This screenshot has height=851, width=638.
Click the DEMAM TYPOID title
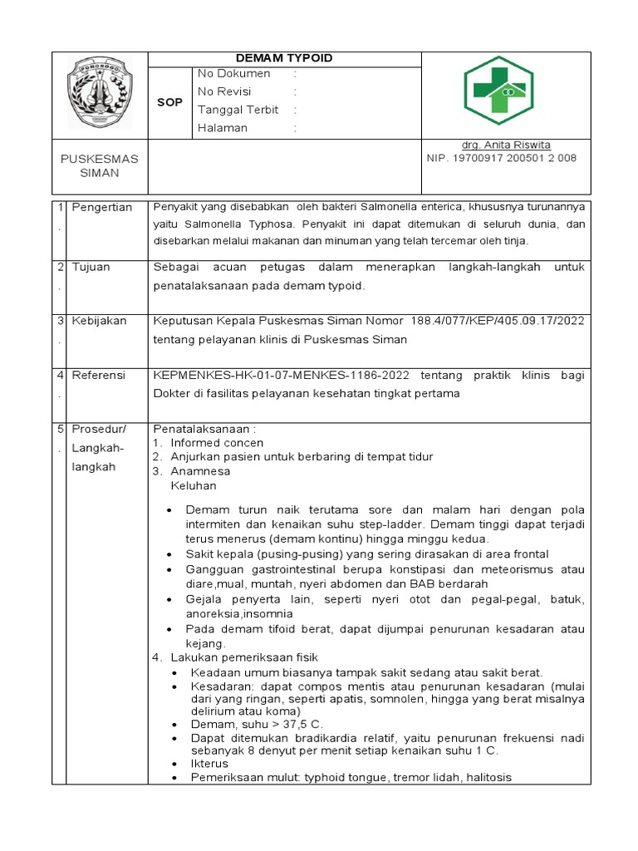click(284, 57)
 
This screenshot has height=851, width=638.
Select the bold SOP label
click(169, 102)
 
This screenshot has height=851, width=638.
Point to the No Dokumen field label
click(233, 74)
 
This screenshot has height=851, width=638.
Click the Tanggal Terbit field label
click(238, 110)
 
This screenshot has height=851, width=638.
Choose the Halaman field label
click(222, 128)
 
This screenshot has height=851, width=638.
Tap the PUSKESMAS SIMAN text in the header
click(100, 165)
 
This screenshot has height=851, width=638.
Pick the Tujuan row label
click(91, 268)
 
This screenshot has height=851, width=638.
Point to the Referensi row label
click(98, 376)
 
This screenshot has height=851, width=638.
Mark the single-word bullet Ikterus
click(209, 763)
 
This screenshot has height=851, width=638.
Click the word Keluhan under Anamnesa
click(193, 485)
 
